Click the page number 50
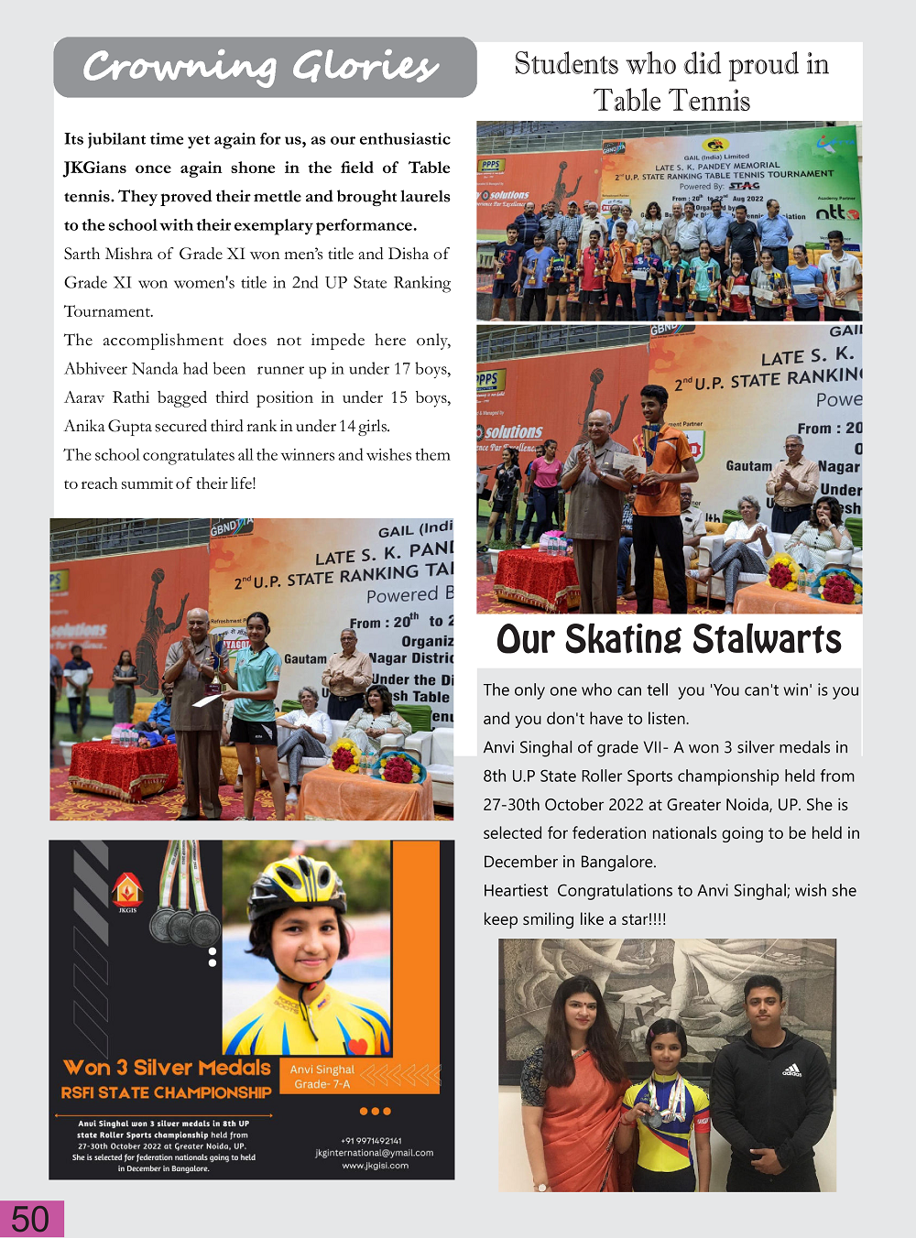[30, 1219]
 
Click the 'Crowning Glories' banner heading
[262, 67]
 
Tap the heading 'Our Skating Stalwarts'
[669, 639]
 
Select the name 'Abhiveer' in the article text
[95, 369]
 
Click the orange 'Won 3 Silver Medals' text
[168, 1068]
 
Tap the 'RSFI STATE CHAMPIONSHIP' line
[166, 1092]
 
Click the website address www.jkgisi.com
[375, 1166]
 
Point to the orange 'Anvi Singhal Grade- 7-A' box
[322, 1077]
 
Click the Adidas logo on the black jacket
[792, 1070]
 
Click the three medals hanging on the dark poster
[186, 925]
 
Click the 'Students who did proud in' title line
[671, 64]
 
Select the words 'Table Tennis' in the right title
[671, 101]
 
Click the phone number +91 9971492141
[371, 1141]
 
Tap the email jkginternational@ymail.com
[374, 1153]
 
